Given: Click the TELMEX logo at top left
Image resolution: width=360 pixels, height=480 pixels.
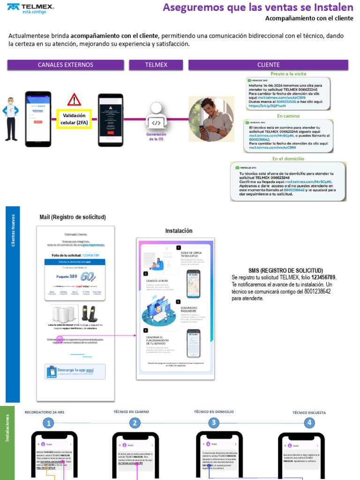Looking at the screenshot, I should pyautogui.click(x=31, y=8).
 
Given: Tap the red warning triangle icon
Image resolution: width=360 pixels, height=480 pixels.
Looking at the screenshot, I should pyautogui.click(x=74, y=100).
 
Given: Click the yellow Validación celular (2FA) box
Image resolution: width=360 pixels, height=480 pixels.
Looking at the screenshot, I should pyautogui.click(x=74, y=119).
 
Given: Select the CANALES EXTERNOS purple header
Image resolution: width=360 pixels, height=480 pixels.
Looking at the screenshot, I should pyautogui.click(x=66, y=65).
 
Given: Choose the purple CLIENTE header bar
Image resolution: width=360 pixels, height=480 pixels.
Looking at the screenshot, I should pyautogui.click(x=268, y=65).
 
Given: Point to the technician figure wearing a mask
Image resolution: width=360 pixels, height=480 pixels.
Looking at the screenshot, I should pyautogui.click(x=10, y=119).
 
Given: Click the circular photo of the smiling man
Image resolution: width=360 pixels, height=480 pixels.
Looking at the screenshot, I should pyautogui.click(x=211, y=119).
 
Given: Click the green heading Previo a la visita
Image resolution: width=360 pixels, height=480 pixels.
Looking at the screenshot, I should pyautogui.click(x=288, y=74).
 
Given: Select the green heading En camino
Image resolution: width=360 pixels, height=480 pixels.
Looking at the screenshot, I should pyautogui.click(x=288, y=116).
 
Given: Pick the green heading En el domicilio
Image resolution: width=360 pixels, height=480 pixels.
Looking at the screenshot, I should pyautogui.click(x=288, y=158).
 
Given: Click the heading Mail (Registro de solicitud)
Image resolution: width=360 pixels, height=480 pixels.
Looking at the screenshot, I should pyautogui.click(x=73, y=217).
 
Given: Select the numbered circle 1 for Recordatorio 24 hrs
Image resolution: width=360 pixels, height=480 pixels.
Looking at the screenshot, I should pyautogui.click(x=48, y=423).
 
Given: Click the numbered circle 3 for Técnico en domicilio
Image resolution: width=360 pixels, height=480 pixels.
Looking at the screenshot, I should pyautogui.click(x=214, y=423).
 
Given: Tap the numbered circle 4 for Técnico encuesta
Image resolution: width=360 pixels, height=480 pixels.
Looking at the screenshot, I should pyautogui.click(x=309, y=423).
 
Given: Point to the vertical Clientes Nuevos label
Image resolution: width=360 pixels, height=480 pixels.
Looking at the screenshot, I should pyautogui.click(x=13, y=230).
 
